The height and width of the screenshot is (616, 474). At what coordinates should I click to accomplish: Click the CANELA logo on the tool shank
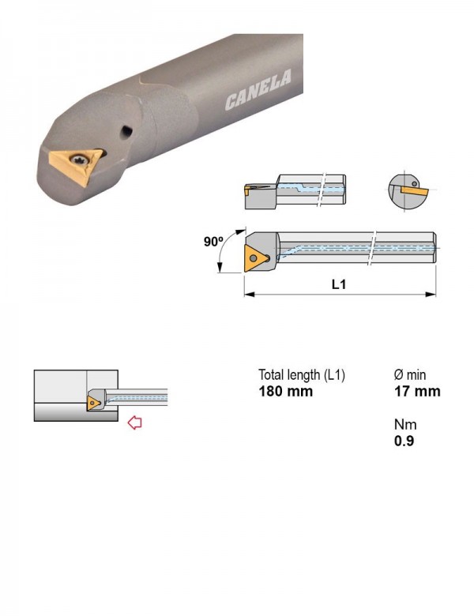258,89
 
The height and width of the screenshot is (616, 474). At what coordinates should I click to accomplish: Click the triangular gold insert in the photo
75,166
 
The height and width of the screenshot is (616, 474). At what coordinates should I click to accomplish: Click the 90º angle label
213,242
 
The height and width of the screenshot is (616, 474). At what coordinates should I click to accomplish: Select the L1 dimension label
339,284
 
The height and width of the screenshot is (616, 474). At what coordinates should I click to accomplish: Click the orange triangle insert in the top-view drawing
256,258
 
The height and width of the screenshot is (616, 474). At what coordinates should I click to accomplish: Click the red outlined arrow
135,423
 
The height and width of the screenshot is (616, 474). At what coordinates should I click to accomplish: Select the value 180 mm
286,391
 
